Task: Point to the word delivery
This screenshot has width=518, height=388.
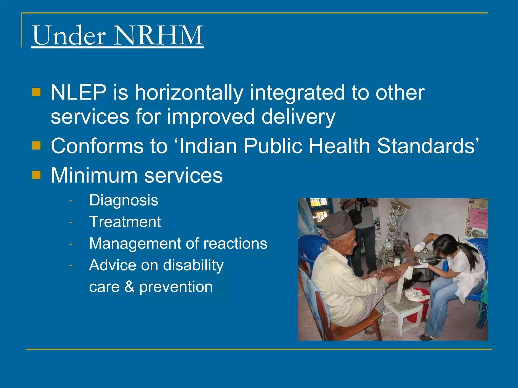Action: [298, 117]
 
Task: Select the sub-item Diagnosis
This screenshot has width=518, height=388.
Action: [123, 200]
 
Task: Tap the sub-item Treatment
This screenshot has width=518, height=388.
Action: [125, 222]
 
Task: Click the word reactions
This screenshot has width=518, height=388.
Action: [235, 244]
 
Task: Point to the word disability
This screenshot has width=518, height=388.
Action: [193, 265]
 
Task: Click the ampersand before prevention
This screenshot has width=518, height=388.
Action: [129, 287]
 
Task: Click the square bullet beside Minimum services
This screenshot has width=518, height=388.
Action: [36, 175]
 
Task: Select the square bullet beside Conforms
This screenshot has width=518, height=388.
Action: [36, 145]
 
